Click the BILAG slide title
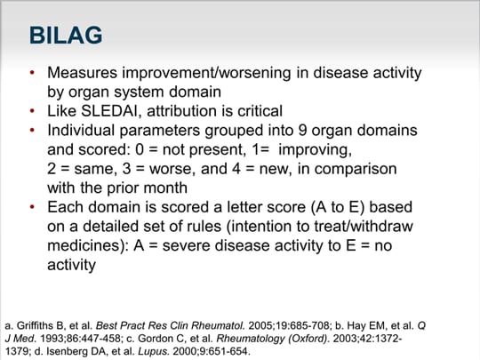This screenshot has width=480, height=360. pos(66,36)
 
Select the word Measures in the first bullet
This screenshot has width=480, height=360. pos(83,73)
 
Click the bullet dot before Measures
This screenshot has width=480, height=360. pos(34,73)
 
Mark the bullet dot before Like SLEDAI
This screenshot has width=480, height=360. pos(34,112)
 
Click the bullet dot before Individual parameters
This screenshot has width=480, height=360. pos(34,131)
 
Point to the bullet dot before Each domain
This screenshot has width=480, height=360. pos(34,207)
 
